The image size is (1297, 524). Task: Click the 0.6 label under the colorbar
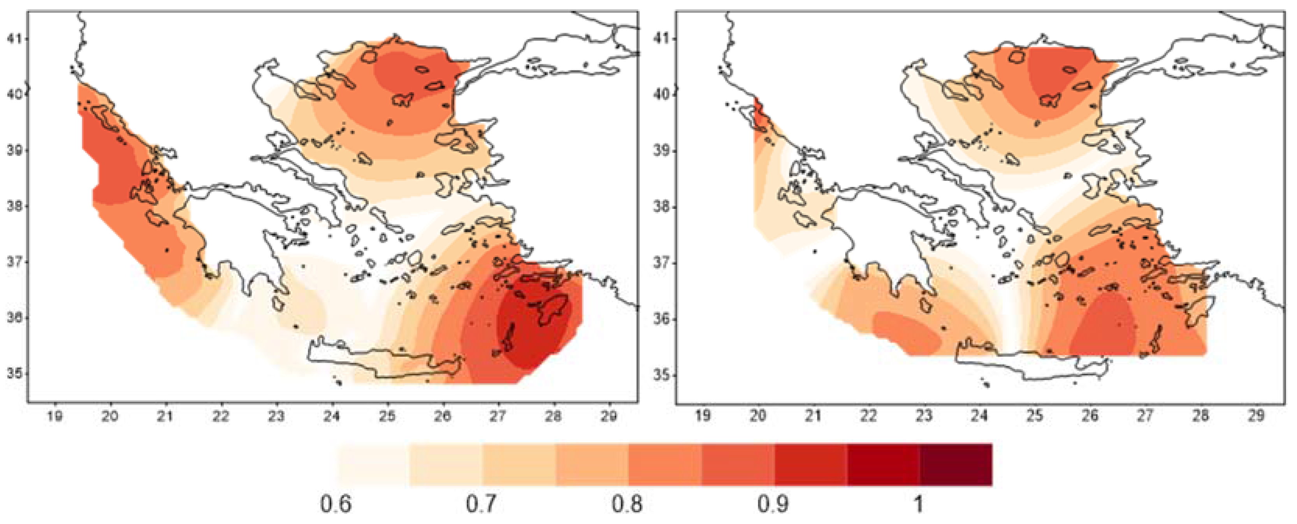click(336, 504)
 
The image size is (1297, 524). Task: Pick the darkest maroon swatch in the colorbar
click(956, 464)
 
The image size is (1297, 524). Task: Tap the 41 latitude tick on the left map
click(14, 39)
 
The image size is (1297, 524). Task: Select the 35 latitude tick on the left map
click(14, 373)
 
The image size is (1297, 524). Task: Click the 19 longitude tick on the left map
click(55, 416)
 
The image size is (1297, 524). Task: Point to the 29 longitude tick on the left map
click(609, 416)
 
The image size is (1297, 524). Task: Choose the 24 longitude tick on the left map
click(332, 416)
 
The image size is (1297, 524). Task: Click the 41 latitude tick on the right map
click(662, 39)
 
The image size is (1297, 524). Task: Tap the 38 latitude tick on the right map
click(662, 207)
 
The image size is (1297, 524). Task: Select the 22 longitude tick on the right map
click(868, 416)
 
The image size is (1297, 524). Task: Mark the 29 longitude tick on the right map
click(1256, 416)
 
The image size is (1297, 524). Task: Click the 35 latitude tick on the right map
click(662, 375)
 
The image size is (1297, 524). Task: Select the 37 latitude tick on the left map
click(14, 262)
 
